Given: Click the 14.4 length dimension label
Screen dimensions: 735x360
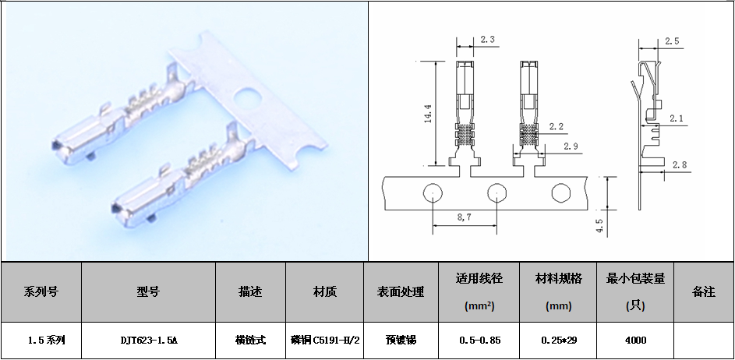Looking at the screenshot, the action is click(427, 113).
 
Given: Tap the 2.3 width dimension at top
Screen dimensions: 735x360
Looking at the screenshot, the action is click(487, 40).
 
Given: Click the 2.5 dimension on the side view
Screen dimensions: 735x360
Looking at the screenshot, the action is click(672, 41).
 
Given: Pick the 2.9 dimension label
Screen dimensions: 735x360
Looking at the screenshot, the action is click(571, 146).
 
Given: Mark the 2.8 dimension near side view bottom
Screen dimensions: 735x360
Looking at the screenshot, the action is click(679, 164).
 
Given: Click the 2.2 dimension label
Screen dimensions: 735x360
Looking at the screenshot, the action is click(556, 126).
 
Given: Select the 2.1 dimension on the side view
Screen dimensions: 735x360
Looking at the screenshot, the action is click(676, 118).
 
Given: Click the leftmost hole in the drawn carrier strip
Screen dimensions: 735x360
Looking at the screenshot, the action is click(432, 192).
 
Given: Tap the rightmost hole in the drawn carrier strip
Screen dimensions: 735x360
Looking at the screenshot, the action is click(560, 192).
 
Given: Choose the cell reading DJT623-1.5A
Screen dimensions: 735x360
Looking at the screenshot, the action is click(149, 341).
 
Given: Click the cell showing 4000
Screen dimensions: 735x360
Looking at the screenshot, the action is click(635, 341).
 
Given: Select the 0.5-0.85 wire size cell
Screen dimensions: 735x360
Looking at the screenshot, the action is click(479, 341).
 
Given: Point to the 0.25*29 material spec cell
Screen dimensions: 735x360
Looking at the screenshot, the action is click(558, 341).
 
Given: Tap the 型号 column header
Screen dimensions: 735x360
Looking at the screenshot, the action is click(149, 292).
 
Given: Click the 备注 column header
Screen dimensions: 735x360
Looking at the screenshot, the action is click(704, 292).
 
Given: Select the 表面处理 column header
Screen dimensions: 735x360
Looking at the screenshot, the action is click(401, 292).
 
